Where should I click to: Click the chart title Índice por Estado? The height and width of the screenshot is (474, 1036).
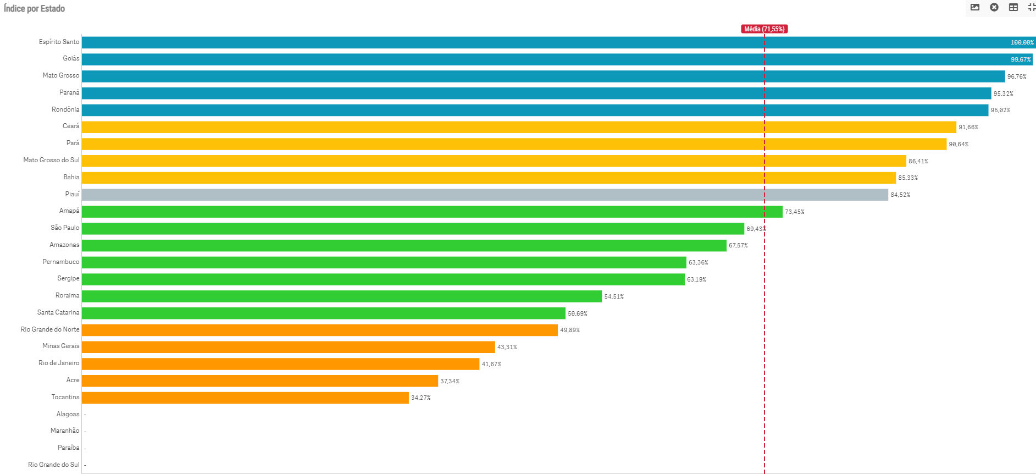point(34,8)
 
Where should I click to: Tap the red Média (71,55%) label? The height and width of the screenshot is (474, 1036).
point(764,29)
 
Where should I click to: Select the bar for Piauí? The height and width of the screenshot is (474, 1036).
point(484,195)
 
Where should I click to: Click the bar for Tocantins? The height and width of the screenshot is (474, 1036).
point(245,398)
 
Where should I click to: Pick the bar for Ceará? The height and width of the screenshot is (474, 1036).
point(518,127)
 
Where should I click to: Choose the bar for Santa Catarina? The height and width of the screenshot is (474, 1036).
point(323,313)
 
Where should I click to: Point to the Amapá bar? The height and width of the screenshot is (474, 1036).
point(431,212)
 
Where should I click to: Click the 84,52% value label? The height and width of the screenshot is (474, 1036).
point(900,195)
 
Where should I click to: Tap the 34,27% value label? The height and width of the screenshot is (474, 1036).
point(421,398)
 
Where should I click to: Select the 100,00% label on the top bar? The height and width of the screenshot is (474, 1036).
point(1022,42)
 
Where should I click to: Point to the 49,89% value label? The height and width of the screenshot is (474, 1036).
point(570,330)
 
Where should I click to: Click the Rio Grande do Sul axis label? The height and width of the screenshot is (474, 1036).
point(53,465)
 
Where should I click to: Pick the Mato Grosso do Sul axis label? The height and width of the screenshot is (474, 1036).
point(51,160)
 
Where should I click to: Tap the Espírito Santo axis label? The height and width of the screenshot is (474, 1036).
point(59,42)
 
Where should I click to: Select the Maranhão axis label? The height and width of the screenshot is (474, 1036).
point(65,431)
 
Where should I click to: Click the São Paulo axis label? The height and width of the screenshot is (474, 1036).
point(65,228)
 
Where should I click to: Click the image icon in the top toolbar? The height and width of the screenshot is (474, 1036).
point(975,7)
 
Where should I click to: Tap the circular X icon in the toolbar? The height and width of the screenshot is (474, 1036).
point(994,7)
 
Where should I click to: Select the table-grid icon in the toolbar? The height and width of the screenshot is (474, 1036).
point(1013,7)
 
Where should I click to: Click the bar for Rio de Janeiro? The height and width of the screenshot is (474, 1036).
point(280,364)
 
